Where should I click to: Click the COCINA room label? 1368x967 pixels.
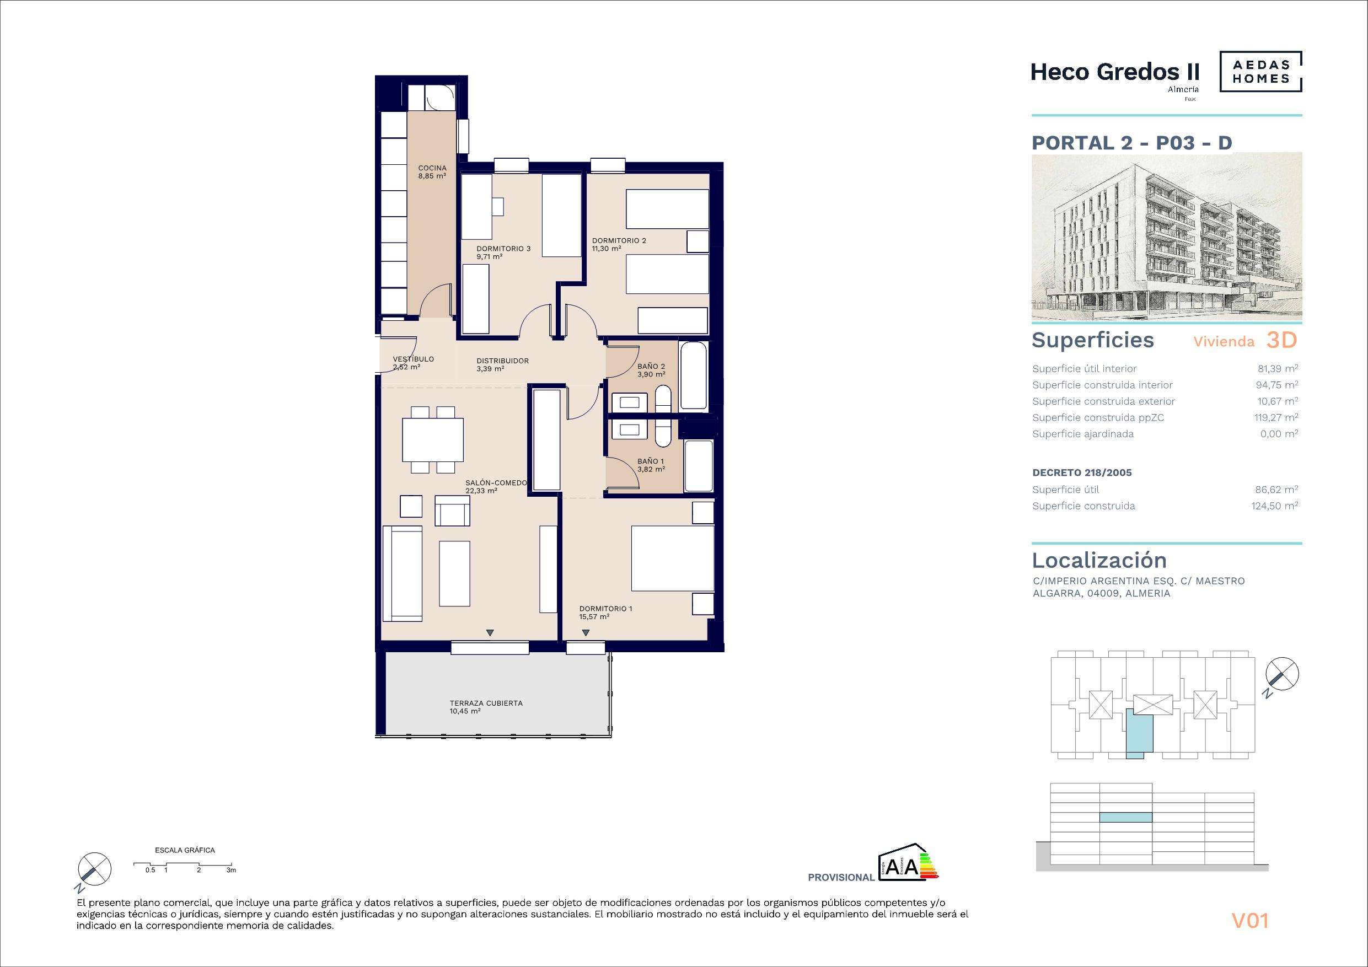click(432, 168)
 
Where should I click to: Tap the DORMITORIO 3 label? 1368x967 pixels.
click(503, 249)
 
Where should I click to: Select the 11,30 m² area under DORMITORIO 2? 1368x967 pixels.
click(607, 249)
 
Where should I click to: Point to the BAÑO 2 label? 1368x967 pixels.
click(651, 367)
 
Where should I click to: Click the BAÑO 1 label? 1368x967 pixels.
click(651, 461)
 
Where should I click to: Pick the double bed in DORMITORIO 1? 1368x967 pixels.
click(673, 559)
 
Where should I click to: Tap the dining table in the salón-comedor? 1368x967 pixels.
click(433, 440)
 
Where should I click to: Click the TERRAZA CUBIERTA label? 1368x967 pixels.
click(486, 703)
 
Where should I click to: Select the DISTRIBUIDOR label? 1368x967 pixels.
click(503, 361)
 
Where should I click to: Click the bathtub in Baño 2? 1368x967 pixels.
click(694, 375)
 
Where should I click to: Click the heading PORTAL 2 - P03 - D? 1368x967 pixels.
click(1131, 143)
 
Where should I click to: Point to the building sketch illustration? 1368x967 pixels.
click(1167, 237)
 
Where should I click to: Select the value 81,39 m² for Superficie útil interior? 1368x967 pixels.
click(1278, 369)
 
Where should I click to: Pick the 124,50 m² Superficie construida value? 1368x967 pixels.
click(1275, 506)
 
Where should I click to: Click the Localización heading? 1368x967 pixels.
click(1099, 561)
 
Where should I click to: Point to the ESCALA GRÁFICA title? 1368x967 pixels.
click(185, 850)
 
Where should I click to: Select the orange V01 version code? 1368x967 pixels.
click(1250, 921)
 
